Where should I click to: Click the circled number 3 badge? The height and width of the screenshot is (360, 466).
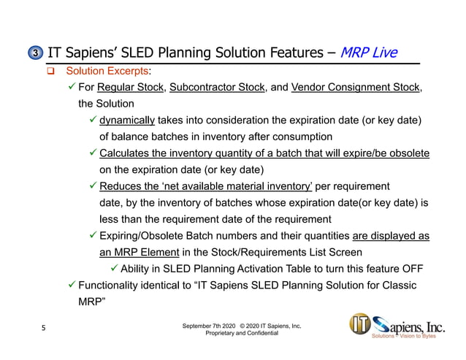[x=36, y=53]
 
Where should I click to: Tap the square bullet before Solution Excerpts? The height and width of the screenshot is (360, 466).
[x=51, y=72]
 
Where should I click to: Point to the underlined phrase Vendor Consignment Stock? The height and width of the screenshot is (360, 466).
[x=356, y=88]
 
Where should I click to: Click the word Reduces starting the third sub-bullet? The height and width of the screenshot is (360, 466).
[x=119, y=186]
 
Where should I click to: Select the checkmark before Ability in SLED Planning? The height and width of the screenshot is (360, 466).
[x=112, y=268]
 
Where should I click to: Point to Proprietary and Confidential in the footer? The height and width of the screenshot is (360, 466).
[x=242, y=333]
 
